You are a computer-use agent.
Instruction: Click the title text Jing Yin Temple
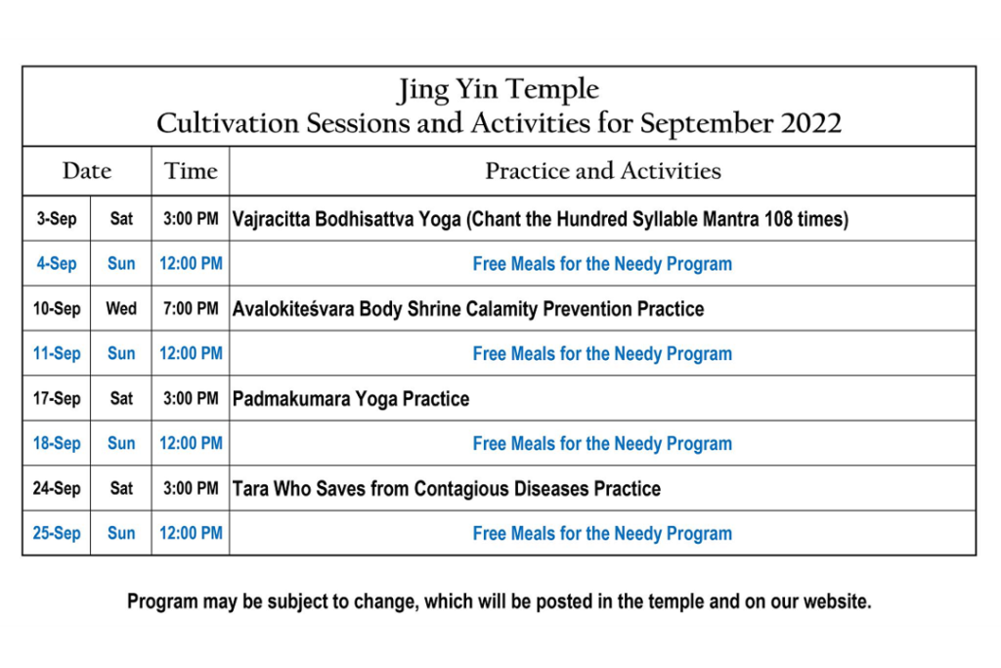(498, 90)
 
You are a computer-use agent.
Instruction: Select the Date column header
(87, 171)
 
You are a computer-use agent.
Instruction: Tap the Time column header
(191, 171)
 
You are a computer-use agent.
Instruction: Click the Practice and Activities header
(602, 171)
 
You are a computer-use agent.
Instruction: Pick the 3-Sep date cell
(56, 219)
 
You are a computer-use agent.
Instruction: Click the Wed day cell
(121, 308)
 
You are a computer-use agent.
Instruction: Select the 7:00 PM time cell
(191, 308)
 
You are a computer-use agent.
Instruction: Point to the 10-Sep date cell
(57, 309)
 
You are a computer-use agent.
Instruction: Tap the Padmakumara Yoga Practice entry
(351, 399)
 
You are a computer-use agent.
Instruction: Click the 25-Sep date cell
(57, 533)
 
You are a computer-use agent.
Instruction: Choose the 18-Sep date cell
(57, 443)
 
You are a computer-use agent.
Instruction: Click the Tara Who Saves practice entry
(446, 489)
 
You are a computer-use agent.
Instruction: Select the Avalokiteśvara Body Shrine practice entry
(468, 309)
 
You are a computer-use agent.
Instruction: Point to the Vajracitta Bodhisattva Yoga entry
(540, 219)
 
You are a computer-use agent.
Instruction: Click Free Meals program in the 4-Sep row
(602, 264)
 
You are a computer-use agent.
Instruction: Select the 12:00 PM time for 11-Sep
(191, 353)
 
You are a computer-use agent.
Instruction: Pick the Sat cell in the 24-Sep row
(121, 489)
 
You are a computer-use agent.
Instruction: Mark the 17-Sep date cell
(57, 398)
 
